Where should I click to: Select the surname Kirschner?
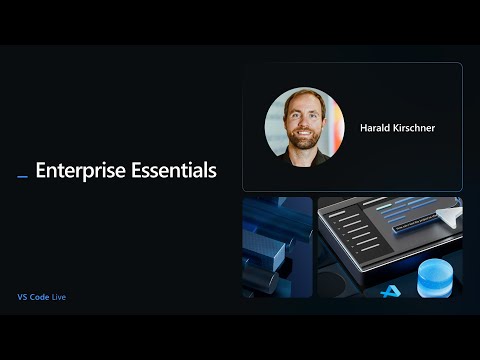(414, 128)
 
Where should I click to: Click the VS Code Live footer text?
(42, 297)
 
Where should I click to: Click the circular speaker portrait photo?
(304, 127)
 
